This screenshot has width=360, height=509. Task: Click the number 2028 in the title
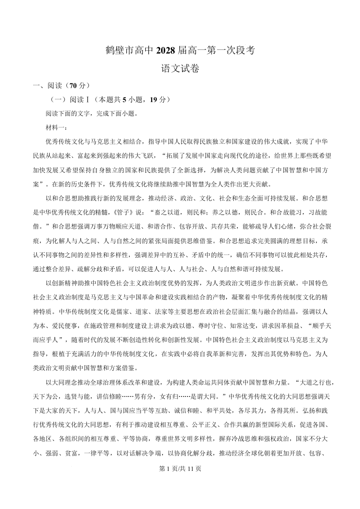167,51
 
